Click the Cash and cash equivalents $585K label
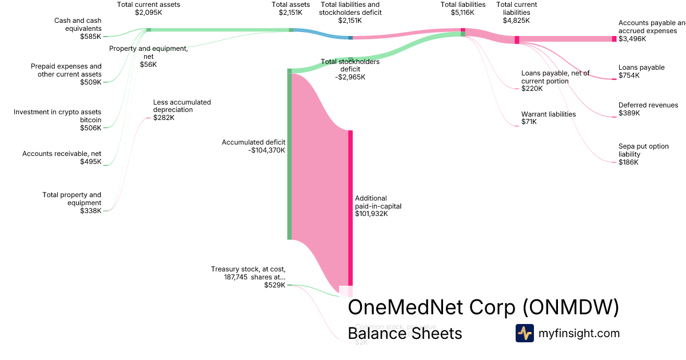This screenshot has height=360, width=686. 78,28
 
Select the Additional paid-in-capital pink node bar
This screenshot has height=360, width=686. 350,206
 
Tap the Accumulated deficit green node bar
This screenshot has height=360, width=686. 289,154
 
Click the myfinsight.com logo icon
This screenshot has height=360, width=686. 524,333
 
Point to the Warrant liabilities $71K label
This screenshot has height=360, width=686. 548,118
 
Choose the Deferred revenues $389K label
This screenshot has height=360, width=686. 648,109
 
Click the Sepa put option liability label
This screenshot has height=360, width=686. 643,154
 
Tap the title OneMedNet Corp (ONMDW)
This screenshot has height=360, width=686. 483,307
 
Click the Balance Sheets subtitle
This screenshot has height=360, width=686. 405,333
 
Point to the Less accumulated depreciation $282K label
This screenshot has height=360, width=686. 181,110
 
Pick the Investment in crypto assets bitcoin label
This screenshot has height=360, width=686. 58,119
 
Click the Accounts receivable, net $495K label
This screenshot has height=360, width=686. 62,158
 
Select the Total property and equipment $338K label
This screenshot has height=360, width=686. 72,203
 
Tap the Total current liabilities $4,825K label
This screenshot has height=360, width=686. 516,13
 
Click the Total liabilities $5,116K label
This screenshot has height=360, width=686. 462,8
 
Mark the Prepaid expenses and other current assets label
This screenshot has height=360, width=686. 66,74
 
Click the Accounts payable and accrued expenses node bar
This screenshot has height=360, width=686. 614,39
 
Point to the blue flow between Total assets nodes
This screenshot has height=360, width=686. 320,34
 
